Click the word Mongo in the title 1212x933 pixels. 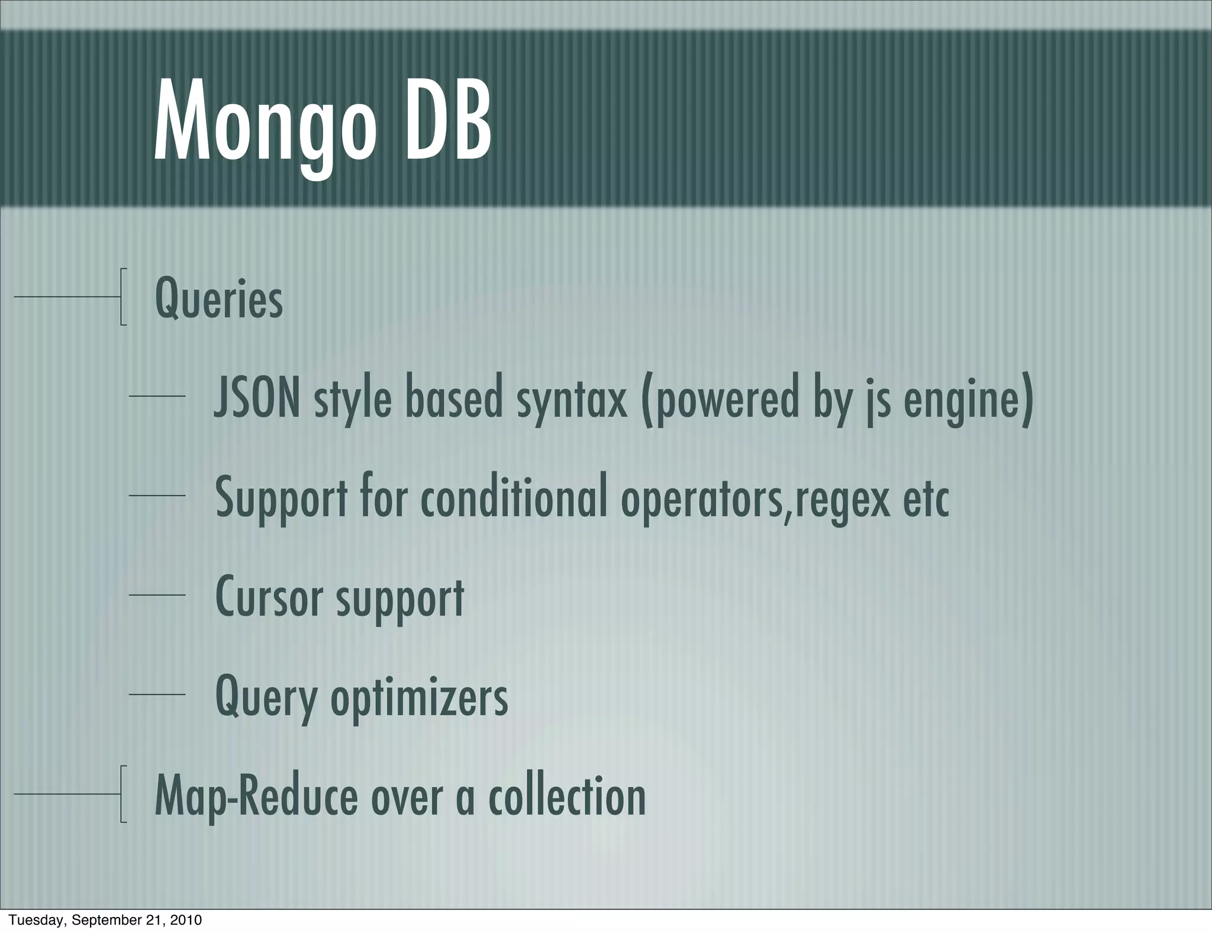265,123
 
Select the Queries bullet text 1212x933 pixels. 218,300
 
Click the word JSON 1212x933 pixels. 257,398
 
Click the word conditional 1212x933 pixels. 514,498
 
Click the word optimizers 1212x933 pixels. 419,697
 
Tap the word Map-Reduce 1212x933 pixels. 256,797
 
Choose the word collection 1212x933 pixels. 566,796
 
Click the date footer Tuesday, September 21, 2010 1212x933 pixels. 105,920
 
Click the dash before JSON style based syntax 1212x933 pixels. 157,396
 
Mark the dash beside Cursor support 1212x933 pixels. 157,595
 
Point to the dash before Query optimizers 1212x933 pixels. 157,694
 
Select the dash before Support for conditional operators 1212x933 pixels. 157,495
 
